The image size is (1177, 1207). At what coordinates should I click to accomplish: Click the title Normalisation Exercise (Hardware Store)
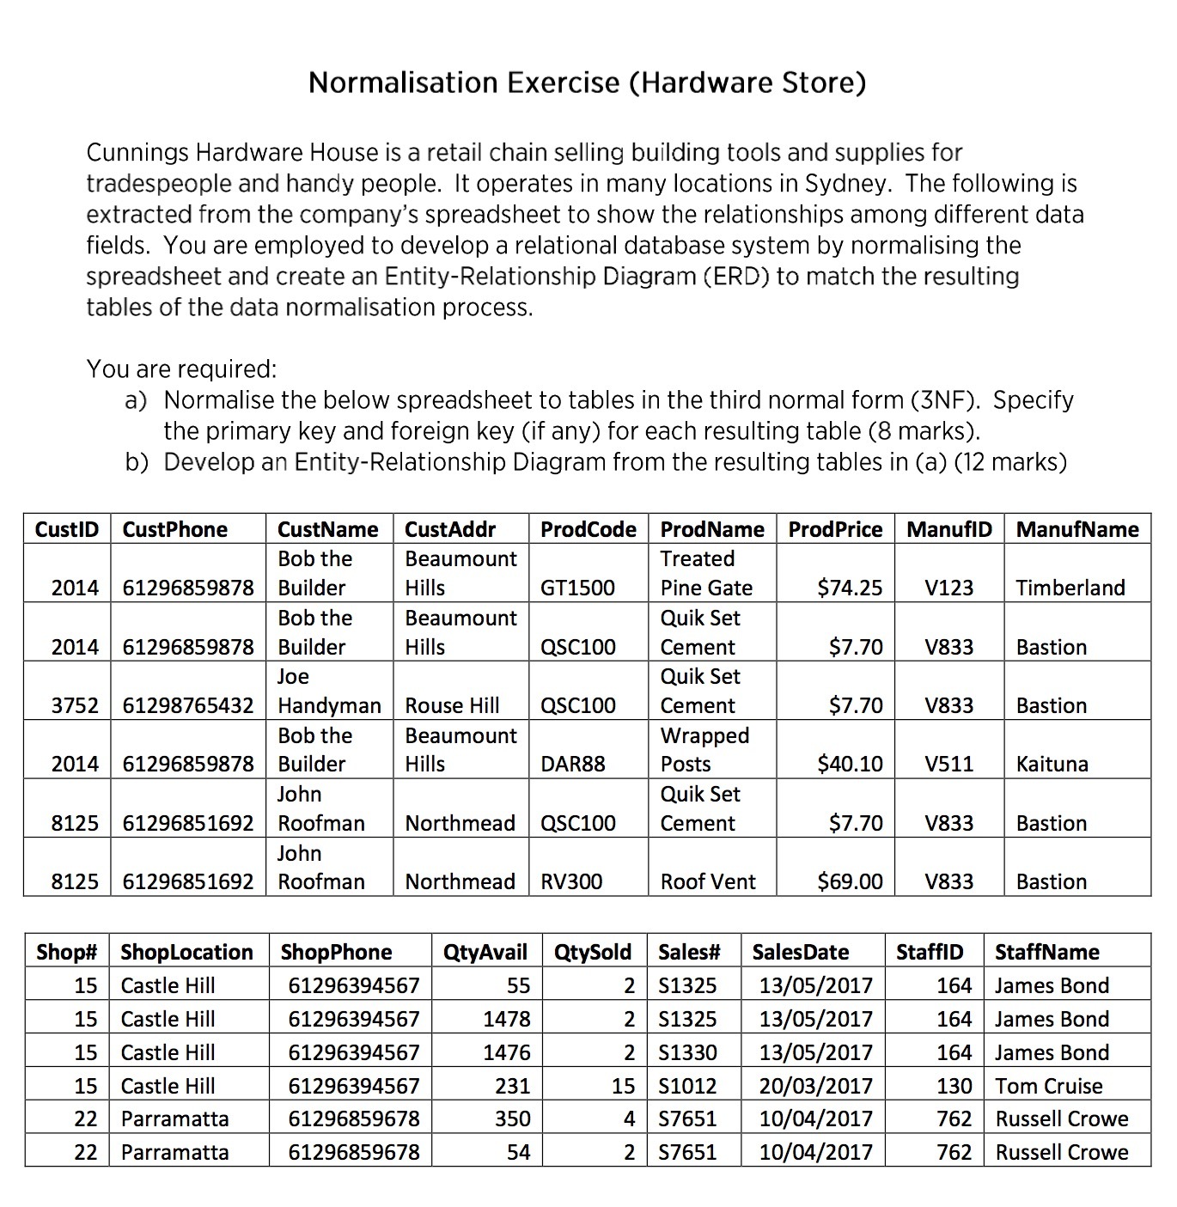(587, 82)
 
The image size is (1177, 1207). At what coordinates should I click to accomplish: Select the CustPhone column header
(175, 529)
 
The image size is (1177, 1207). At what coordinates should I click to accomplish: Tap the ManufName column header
(1076, 529)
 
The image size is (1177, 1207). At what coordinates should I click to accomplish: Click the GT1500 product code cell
(577, 588)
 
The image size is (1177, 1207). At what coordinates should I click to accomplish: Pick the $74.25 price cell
(849, 588)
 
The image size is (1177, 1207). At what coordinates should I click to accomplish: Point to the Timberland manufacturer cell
(1070, 588)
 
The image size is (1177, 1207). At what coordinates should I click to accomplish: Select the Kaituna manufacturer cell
(1052, 764)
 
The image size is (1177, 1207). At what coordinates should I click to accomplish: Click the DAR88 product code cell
(572, 764)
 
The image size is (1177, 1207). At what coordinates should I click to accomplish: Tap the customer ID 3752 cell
(75, 705)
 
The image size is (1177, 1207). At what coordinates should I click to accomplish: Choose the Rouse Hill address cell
(452, 705)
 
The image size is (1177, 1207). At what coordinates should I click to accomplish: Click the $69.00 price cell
(849, 881)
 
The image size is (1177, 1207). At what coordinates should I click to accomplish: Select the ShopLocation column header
(186, 952)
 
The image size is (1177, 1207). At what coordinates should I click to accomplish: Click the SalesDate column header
(800, 952)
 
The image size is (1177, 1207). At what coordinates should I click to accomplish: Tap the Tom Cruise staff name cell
(1048, 1086)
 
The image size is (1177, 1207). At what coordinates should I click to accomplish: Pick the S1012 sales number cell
(686, 1086)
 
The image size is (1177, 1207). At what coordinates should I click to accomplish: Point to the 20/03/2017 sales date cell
(815, 1086)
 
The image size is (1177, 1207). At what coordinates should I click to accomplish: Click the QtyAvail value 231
(512, 1086)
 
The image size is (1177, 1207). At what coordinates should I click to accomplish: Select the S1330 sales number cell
(686, 1052)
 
